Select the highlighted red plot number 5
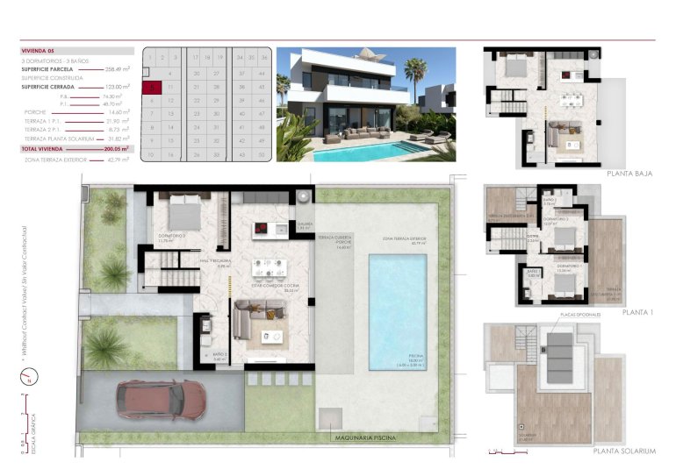[x=152, y=88]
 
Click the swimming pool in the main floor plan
[x=396, y=311]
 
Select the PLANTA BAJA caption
[x=630, y=174]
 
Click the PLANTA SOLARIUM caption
[x=624, y=451]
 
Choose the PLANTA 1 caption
[x=636, y=312]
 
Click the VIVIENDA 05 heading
[x=39, y=52]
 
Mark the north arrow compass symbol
[x=24, y=379]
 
